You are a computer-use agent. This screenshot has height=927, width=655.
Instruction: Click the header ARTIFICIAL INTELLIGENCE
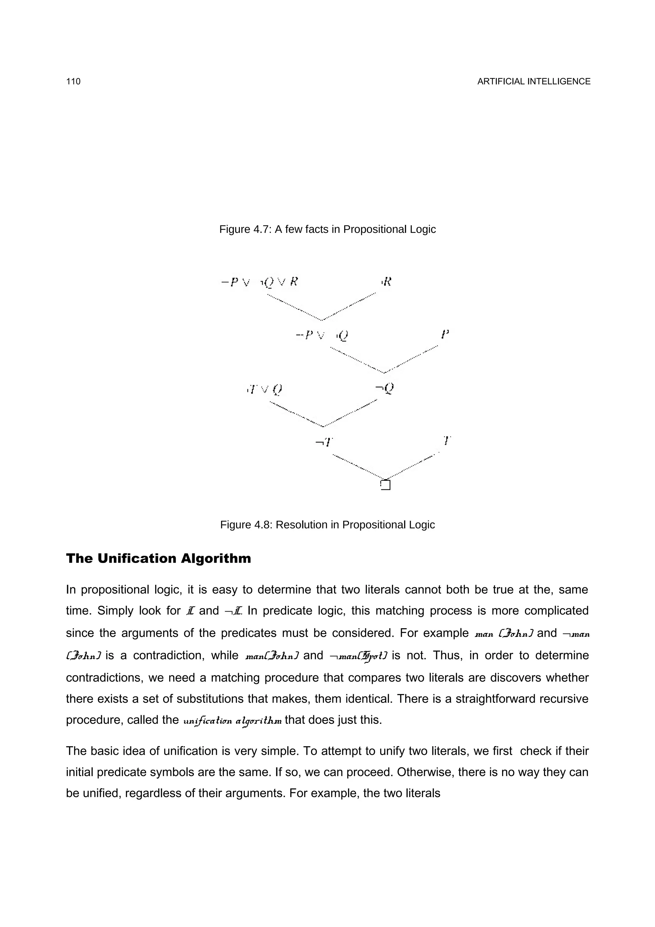(533, 82)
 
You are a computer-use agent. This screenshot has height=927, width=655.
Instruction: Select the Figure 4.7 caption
(327, 229)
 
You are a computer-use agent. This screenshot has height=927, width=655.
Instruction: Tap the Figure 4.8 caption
(327, 525)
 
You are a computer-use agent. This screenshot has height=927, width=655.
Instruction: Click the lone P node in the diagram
(445, 334)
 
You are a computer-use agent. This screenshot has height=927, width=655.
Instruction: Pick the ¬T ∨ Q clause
(264, 389)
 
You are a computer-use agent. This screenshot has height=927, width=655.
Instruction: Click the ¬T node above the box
(324, 442)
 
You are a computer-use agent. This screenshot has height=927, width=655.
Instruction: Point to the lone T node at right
(446, 440)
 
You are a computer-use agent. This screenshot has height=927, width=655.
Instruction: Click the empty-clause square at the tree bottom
(385, 485)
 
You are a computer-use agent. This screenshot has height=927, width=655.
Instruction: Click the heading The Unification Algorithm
(158, 559)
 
